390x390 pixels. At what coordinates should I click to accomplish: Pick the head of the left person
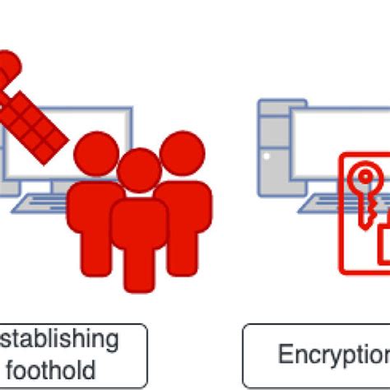(x=95, y=155)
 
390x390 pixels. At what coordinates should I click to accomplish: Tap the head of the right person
(x=180, y=153)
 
